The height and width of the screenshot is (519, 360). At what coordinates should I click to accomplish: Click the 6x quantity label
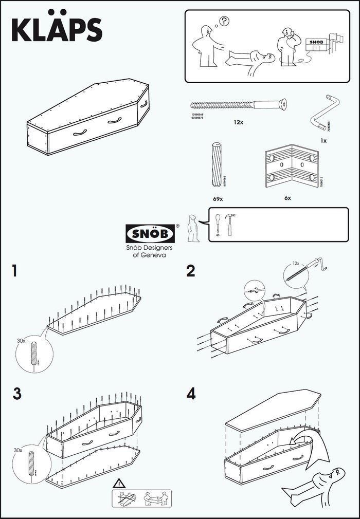[x=287, y=197]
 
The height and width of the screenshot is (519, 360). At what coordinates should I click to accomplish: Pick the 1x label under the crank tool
[x=324, y=140]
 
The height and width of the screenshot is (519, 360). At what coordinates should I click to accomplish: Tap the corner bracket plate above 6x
[x=291, y=166]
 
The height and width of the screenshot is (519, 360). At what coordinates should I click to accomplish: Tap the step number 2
[x=191, y=271]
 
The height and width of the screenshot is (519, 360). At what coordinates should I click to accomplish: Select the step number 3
[x=17, y=394]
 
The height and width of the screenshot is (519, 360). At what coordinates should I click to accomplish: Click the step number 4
[x=191, y=394]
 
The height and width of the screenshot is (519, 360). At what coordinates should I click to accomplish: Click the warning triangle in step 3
[x=119, y=483]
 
